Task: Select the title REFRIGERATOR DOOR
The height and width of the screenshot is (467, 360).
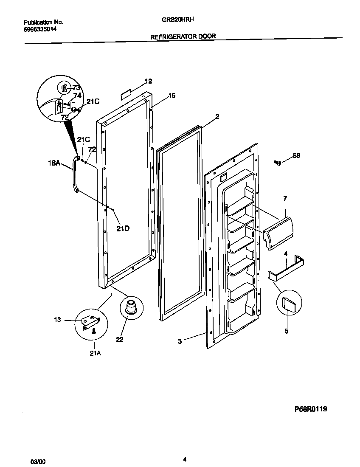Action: [183, 37]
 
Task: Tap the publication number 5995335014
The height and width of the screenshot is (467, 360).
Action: [40, 29]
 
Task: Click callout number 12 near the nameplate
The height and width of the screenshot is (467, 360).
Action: [148, 81]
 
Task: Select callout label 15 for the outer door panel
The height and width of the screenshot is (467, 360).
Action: [172, 96]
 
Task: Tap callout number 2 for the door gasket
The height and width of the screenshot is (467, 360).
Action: [217, 116]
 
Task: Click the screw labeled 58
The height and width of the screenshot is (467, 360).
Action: [278, 162]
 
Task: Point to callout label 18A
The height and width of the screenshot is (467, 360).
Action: [54, 162]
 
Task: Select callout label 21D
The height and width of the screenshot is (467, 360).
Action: [123, 228]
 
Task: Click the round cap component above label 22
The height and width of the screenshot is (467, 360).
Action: [130, 307]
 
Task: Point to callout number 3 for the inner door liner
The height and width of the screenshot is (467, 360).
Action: [180, 341]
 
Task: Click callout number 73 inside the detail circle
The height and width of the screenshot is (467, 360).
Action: [76, 87]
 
